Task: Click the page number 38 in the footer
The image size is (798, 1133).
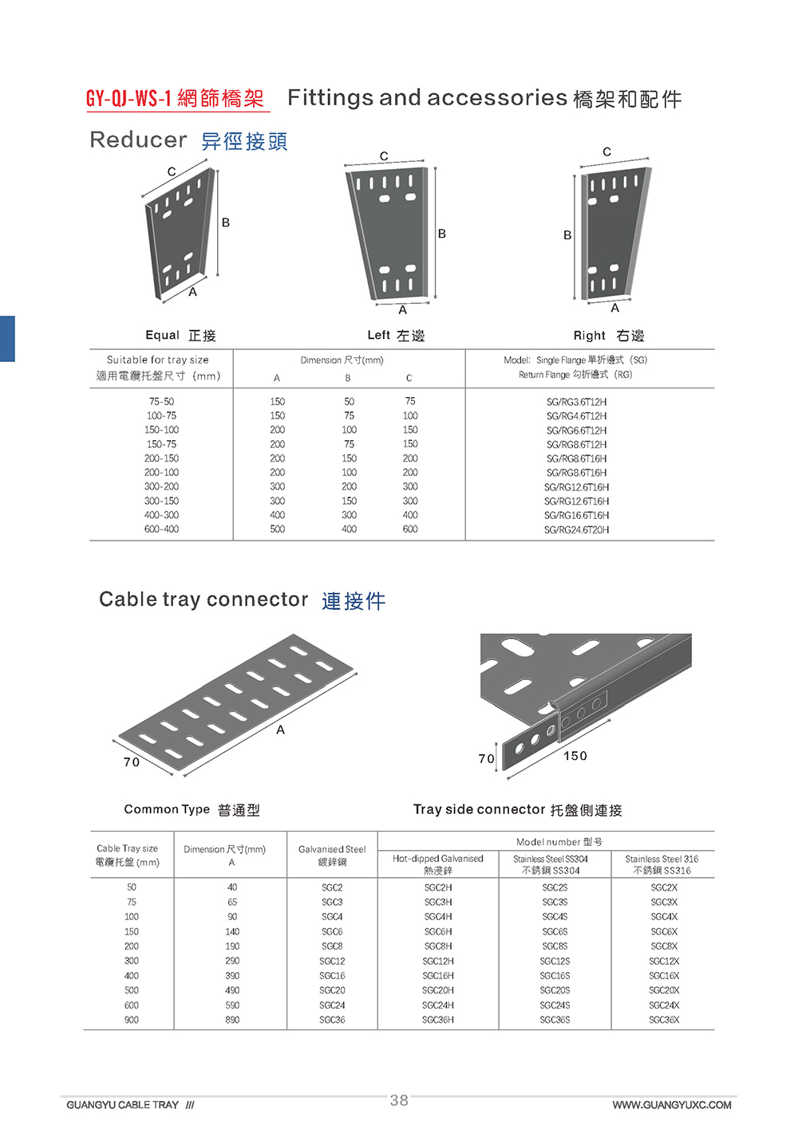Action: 399,1100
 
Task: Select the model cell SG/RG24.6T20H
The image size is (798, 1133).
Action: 576,529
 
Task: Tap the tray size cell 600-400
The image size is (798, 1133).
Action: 161,529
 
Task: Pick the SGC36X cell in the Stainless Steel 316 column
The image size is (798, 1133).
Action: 664,1020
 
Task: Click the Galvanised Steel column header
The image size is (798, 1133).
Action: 332,855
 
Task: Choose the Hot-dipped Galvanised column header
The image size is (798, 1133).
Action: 438,864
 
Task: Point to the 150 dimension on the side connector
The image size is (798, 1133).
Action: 575,756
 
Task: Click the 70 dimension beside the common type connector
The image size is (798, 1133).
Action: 132,762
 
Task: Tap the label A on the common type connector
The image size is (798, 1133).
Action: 280,730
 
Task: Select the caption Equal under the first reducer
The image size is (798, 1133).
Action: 162,335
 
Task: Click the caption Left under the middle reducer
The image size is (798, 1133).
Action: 378,335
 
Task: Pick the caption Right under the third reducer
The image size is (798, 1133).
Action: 590,336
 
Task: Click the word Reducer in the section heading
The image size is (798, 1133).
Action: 138,140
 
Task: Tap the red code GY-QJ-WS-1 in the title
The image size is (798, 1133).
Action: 129,98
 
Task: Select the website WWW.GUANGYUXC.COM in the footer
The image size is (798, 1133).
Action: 671,1105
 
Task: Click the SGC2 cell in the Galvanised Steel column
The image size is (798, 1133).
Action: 332,887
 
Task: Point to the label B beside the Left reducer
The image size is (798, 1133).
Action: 441,234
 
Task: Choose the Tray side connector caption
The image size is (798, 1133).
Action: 479,809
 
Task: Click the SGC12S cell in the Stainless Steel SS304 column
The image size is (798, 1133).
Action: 555,961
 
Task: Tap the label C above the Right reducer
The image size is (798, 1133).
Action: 606,151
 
